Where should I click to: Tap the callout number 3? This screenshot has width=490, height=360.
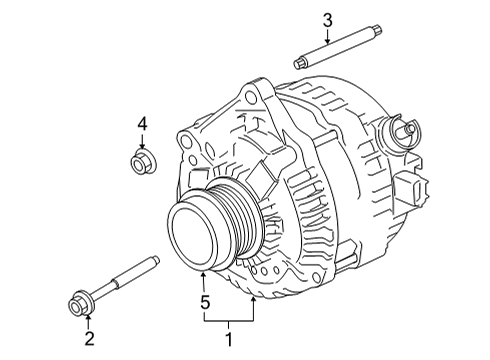pyautogui.click(x=326, y=20)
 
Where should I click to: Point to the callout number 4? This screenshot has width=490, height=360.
pyautogui.click(x=141, y=123)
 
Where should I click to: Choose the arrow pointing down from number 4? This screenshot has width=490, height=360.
pyautogui.click(x=141, y=140)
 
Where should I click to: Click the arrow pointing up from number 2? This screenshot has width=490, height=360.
pyautogui.click(x=87, y=326)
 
